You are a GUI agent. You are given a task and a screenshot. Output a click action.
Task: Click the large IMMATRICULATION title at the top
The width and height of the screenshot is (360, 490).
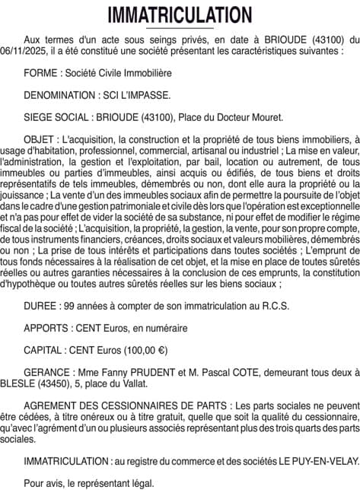point(180,15)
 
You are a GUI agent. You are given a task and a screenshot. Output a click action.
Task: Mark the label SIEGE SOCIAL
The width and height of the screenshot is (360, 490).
point(57,117)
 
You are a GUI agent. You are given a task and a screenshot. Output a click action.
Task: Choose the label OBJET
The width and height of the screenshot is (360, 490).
point(40,140)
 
